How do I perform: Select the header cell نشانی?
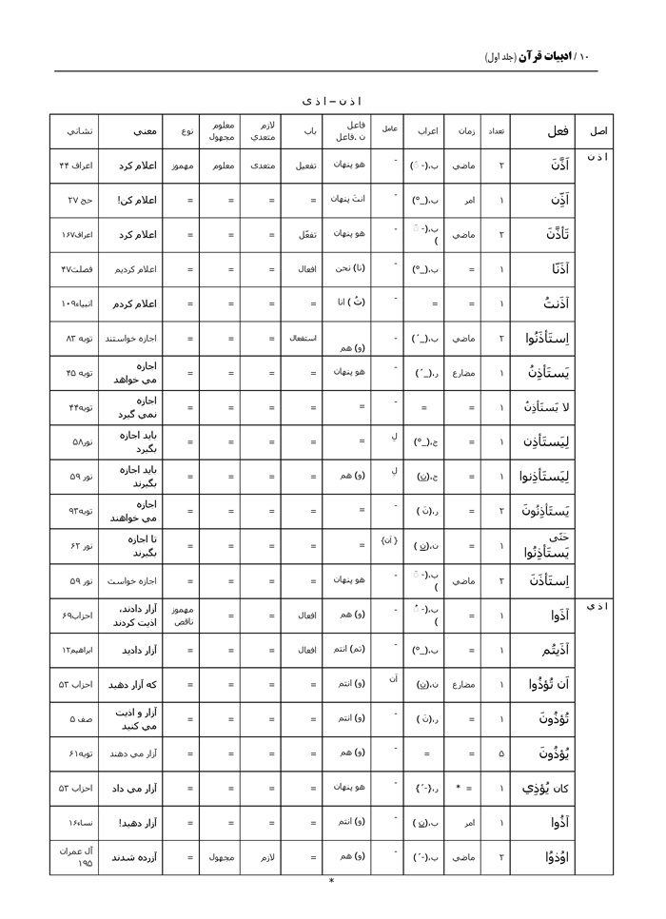click(74, 131)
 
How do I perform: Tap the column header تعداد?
click(496, 131)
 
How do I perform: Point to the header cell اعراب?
click(428, 131)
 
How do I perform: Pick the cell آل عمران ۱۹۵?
click(74, 856)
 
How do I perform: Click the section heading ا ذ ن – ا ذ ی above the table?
click(331, 101)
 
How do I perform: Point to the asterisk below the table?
click(331, 882)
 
